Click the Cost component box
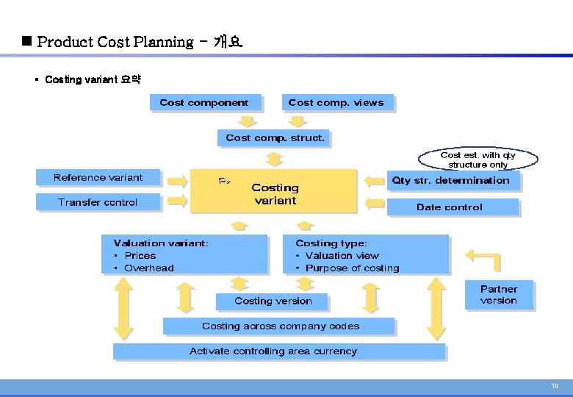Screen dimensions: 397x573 (x=203, y=103)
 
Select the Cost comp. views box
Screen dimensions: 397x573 (x=336, y=103)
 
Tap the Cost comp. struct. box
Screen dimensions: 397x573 (x=275, y=137)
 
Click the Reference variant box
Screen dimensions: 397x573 (x=98, y=177)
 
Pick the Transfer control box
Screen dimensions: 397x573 (x=98, y=202)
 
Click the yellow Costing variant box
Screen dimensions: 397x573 (x=274, y=193)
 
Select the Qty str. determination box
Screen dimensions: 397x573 (x=450, y=180)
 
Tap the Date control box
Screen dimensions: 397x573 (x=450, y=207)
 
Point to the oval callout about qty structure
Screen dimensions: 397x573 (x=478, y=160)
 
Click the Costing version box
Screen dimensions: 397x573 (x=273, y=301)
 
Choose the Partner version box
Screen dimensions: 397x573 (x=499, y=295)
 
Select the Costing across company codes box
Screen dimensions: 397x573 (x=280, y=326)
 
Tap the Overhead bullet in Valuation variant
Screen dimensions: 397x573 (x=148, y=268)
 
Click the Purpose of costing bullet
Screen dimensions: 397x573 (x=352, y=268)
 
